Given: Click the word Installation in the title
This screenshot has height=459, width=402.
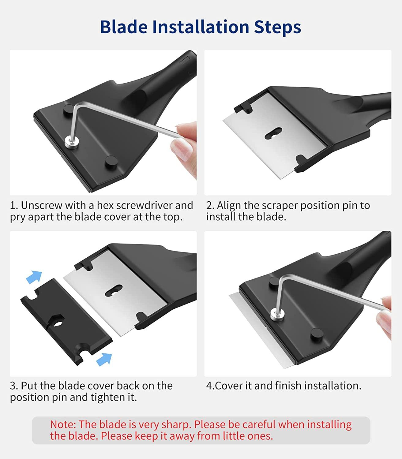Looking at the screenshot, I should pos(200,27).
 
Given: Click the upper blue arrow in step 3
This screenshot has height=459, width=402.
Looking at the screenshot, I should pos(34,277).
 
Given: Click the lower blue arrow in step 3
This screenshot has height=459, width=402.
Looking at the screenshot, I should pos(104,359).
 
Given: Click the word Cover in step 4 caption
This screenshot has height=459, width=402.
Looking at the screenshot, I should pos(229,386).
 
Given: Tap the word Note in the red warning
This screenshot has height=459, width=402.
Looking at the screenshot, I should pos(62,424).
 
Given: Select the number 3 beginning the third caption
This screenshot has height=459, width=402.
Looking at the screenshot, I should pos(13,386).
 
